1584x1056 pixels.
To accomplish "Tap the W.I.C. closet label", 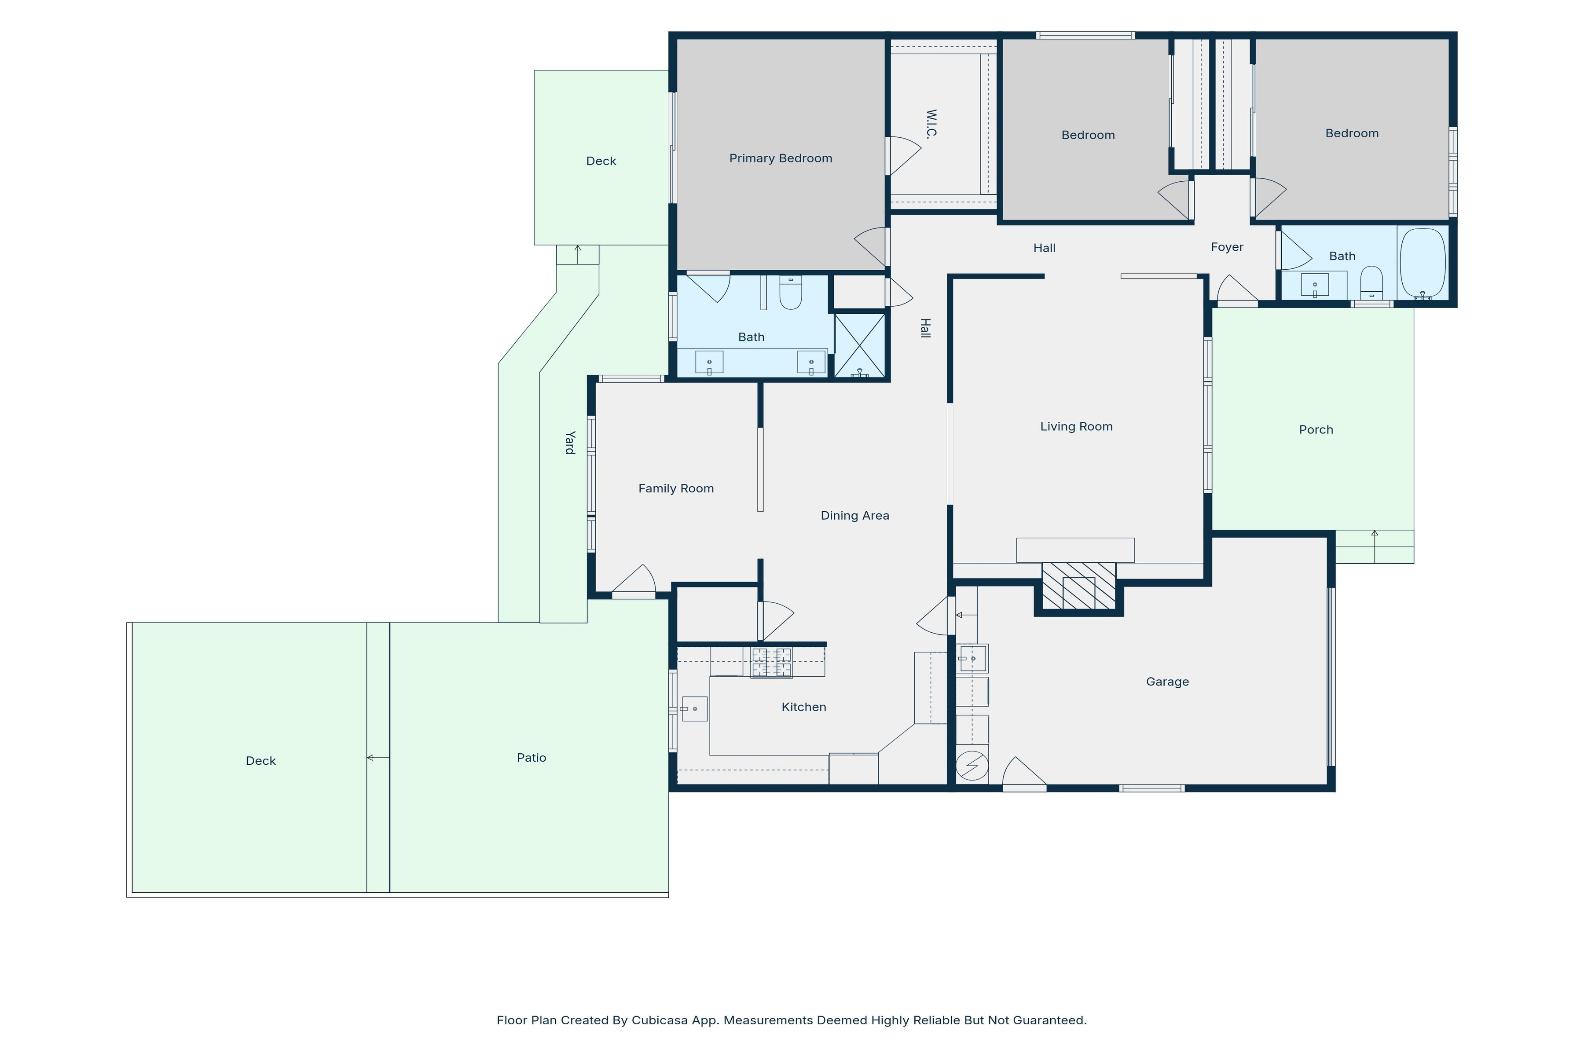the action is pyautogui.click(x=931, y=123).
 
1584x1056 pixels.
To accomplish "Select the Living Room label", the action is pyautogui.click(x=1076, y=426).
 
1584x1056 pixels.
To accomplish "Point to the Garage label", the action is pyautogui.click(x=1167, y=682).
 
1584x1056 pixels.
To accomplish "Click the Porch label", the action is pyautogui.click(x=1316, y=430).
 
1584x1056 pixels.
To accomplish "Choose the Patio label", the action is pyautogui.click(x=532, y=758).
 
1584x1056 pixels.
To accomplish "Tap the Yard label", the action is pyautogui.click(x=570, y=443).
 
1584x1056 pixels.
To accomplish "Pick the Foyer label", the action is pyautogui.click(x=1227, y=247).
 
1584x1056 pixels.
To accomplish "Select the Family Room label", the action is pyautogui.click(x=676, y=488).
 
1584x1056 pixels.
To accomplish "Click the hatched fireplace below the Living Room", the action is pyautogui.click(x=1078, y=586).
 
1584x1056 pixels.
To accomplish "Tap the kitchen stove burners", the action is pyautogui.click(x=772, y=663).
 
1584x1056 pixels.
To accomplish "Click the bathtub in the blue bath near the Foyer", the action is pyautogui.click(x=1423, y=263).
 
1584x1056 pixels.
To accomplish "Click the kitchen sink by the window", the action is pyautogui.click(x=694, y=708).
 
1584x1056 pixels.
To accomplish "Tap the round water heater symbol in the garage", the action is pyautogui.click(x=972, y=766).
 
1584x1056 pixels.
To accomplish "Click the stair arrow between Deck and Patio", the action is pyautogui.click(x=378, y=758).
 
